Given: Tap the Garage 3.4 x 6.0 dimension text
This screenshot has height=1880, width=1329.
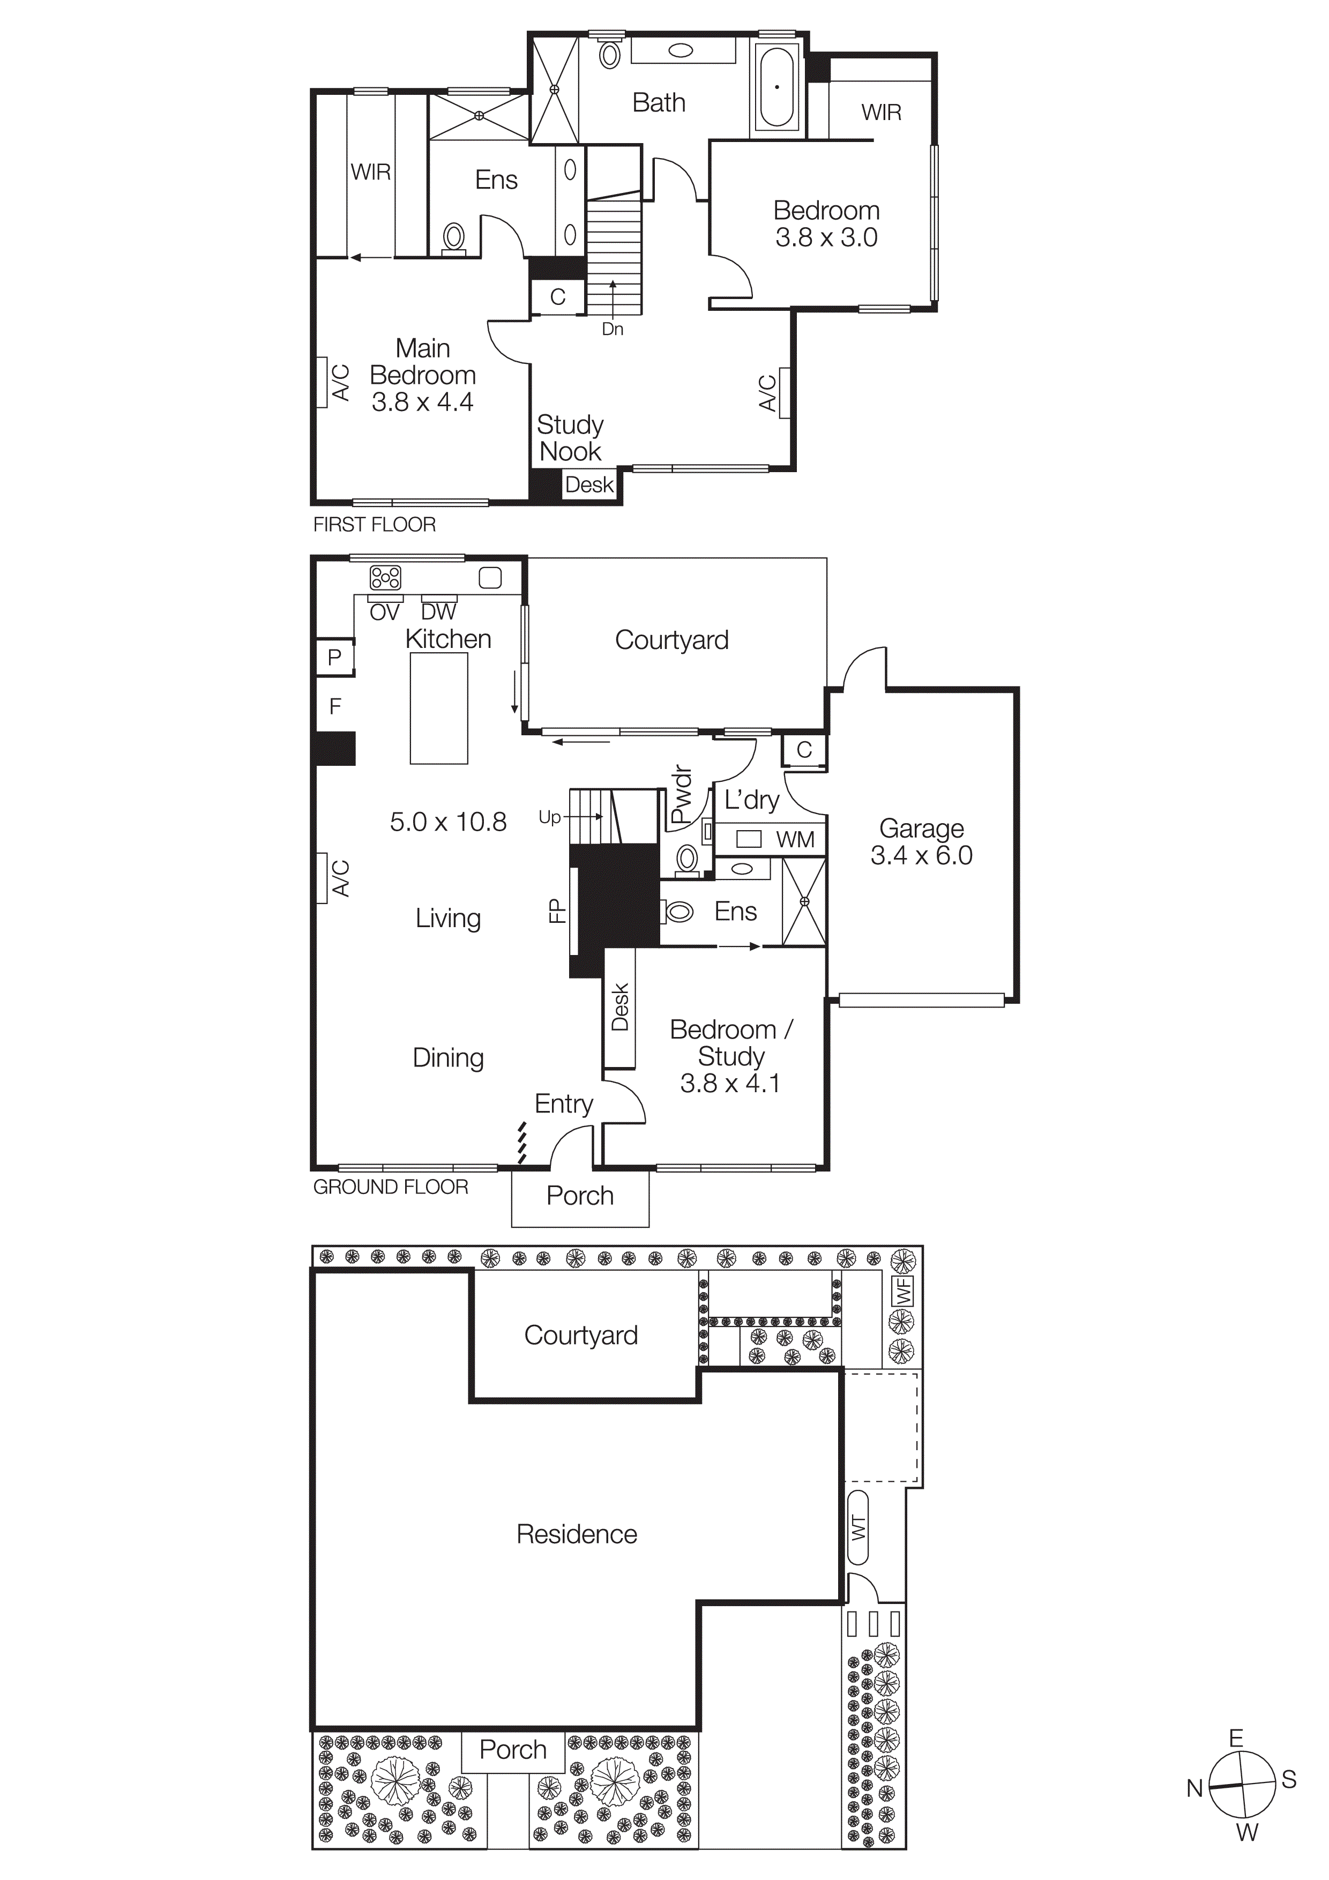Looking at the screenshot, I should tap(921, 856).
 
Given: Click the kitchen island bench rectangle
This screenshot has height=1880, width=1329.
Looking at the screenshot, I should tap(439, 708).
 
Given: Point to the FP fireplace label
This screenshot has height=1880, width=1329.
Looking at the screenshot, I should tap(557, 911).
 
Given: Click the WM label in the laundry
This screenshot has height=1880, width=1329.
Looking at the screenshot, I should tap(795, 839).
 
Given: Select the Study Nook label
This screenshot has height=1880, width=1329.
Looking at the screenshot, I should tap(570, 438).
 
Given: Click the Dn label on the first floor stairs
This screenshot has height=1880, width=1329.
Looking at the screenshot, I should tap(613, 329).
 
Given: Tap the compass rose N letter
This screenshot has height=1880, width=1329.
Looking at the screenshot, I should tap(1194, 1789).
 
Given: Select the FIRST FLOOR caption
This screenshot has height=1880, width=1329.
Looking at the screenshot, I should tap(374, 524).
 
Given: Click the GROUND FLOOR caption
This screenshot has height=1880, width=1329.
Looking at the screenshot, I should tap(391, 1187).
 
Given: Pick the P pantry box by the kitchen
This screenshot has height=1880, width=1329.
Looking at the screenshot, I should tap(334, 656).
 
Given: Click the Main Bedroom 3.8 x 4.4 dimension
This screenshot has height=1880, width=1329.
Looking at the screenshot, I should tap(422, 402).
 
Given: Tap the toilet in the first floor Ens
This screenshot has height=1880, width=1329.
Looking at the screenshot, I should tap(454, 238).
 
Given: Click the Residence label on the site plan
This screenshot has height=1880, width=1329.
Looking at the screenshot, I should tap(577, 1534).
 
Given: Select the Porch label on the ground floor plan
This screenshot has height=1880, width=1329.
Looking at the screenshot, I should tap(580, 1196).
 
